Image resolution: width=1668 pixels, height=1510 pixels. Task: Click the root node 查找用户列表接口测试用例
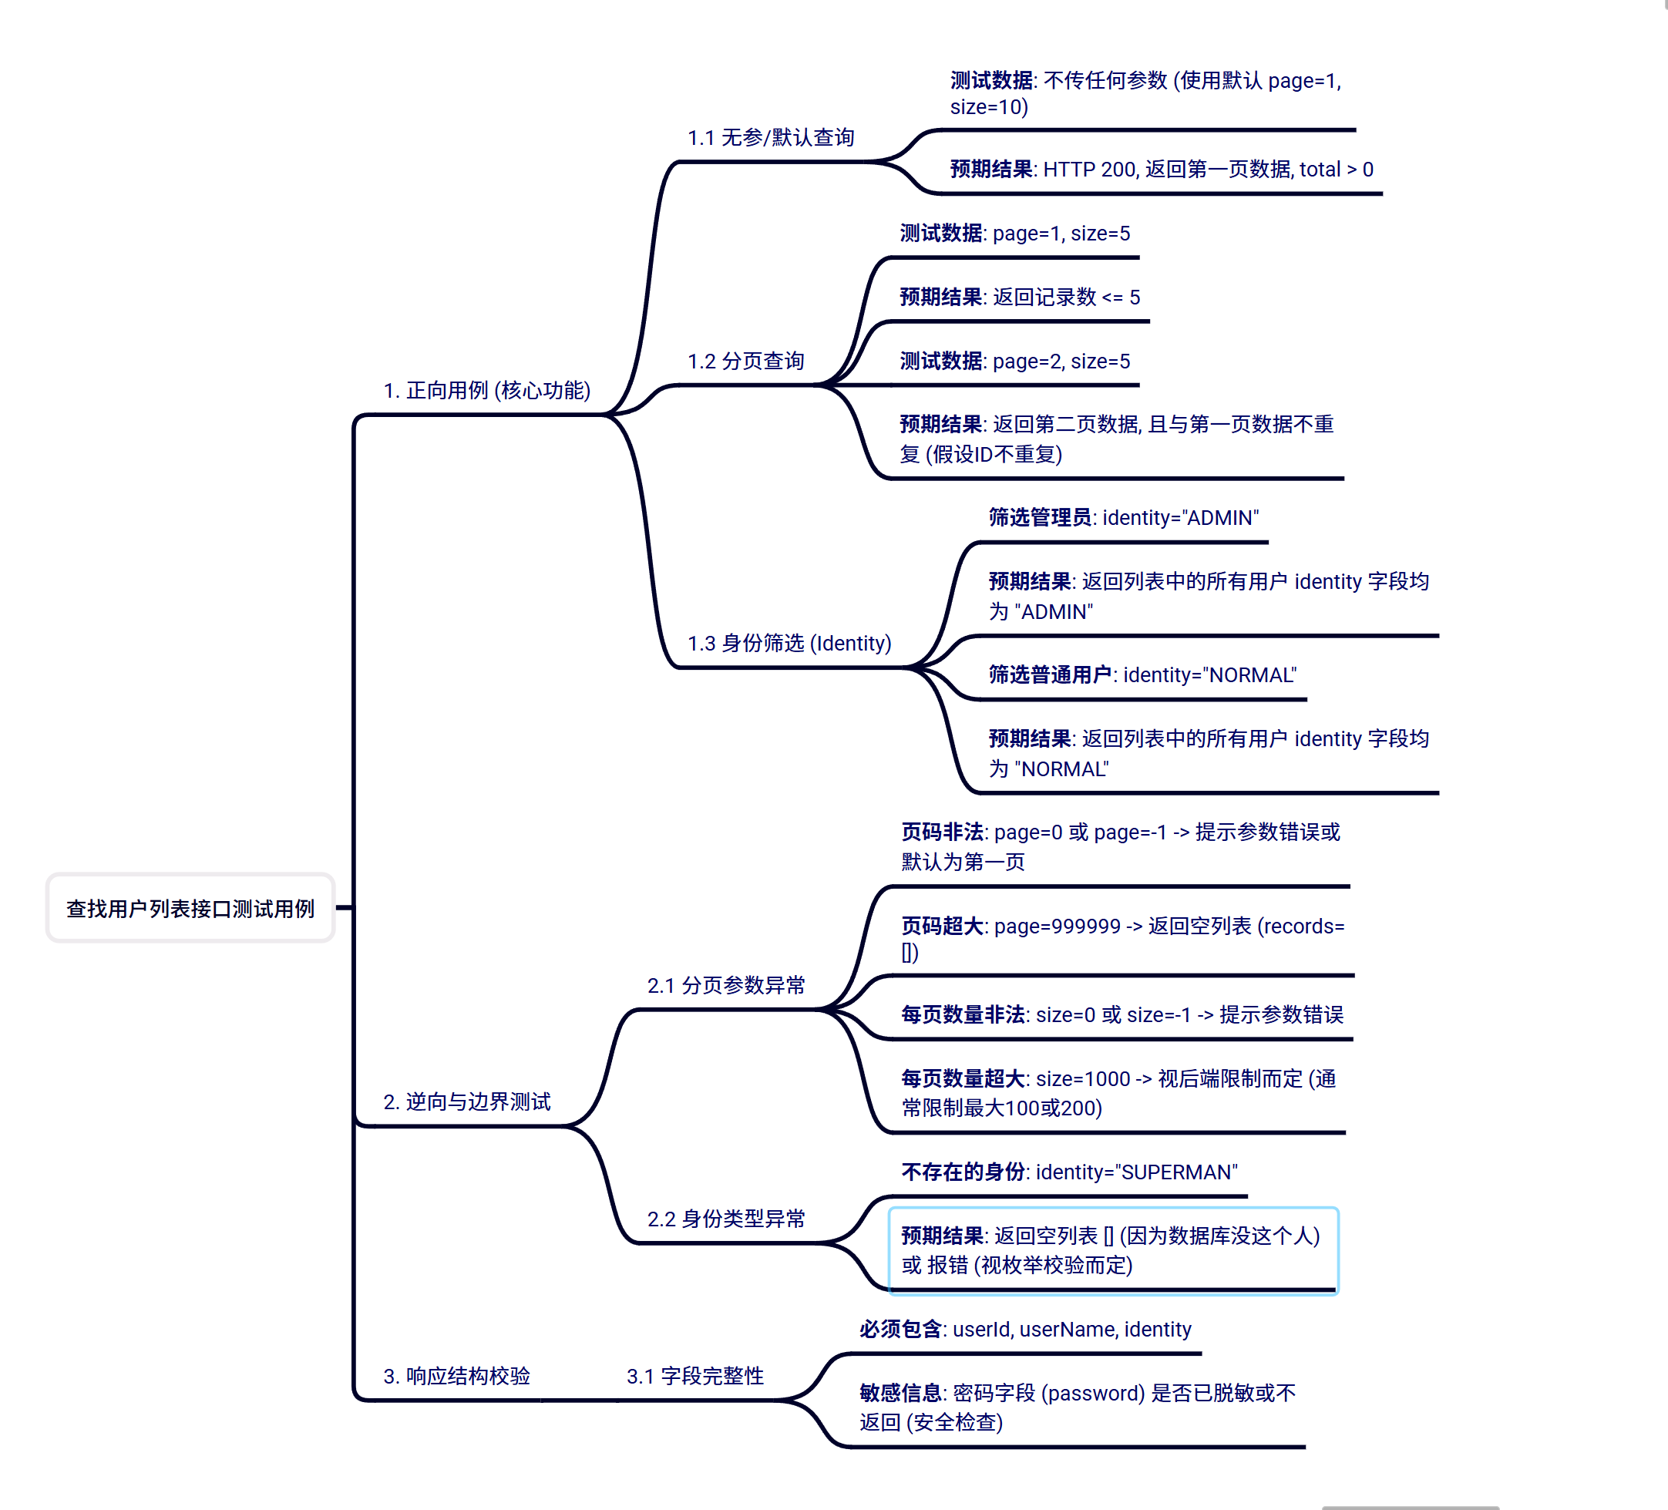(x=190, y=909)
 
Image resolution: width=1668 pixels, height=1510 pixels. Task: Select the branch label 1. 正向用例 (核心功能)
(x=486, y=390)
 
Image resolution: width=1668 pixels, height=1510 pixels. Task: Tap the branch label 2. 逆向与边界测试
(x=466, y=1101)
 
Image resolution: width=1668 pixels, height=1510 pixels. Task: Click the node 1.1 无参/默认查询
(x=770, y=137)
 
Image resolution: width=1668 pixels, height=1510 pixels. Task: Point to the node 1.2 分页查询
(x=745, y=361)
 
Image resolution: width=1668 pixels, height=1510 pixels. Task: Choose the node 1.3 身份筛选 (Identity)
(x=789, y=643)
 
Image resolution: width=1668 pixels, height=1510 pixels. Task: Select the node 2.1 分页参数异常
(x=725, y=985)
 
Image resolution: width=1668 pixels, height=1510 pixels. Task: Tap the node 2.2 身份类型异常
(x=725, y=1219)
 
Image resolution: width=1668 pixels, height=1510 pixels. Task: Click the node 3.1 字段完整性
(x=695, y=1376)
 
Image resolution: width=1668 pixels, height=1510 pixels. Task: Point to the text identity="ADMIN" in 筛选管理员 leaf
(x=1180, y=518)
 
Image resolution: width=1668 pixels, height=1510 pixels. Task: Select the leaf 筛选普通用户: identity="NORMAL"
(x=1142, y=675)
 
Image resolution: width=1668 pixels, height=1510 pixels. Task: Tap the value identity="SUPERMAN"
(x=1136, y=1172)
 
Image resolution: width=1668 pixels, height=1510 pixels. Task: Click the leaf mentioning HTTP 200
(x=1161, y=170)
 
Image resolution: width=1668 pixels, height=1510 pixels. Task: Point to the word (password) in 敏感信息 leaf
(x=1092, y=1394)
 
